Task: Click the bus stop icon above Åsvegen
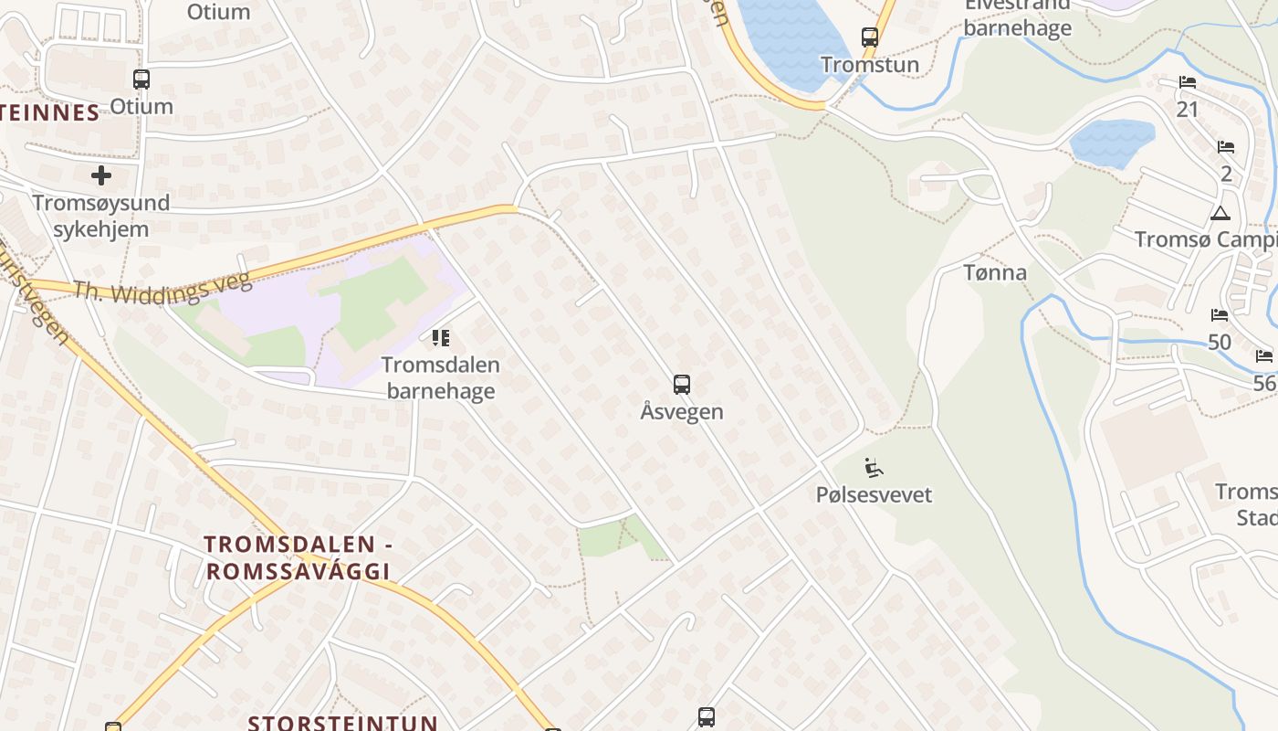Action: pos(681,384)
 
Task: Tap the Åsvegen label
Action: pos(681,411)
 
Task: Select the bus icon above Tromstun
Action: pos(869,37)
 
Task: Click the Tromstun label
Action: pos(869,65)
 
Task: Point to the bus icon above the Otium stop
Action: pos(141,79)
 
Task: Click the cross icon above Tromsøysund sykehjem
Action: pos(101,175)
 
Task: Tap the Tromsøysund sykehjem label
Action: pos(100,216)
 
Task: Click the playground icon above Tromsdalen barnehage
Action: pos(441,338)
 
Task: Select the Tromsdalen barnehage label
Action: pos(441,378)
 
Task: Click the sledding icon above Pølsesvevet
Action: pos(874,468)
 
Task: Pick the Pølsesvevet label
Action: pos(874,495)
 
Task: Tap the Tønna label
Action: pos(995,272)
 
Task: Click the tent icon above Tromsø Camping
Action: pos(1220,214)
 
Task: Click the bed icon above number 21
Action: pos(1187,82)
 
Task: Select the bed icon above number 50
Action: pos(1220,315)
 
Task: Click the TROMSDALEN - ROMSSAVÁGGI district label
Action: pos(299,557)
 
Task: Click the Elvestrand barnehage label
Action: pos(1017,18)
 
